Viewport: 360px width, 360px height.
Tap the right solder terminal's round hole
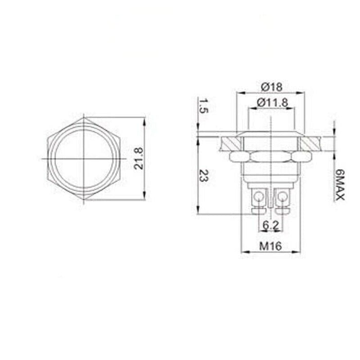(x=282, y=196)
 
